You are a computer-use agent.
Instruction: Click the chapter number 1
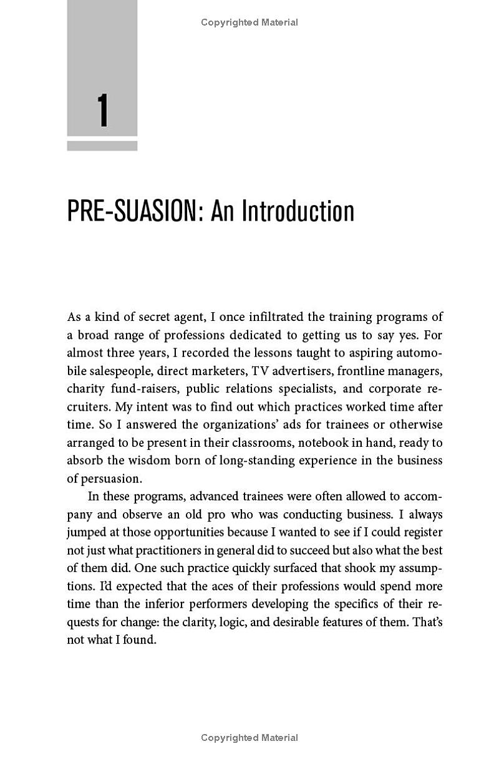(103, 111)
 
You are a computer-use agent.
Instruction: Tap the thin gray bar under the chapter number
(102, 146)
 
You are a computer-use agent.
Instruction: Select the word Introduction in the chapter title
(298, 211)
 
